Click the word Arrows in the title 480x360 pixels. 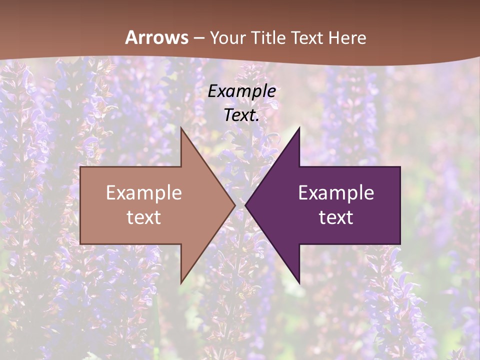pos(156,37)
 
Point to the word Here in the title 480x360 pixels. pos(349,38)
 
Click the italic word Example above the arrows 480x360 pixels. pos(241,91)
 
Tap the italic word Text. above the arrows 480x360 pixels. pos(241,115)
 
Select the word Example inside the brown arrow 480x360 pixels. pos(144,193)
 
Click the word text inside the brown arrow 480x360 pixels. pos(144,217)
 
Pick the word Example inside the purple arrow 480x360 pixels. pos(336,193)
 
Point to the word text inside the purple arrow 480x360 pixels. pos(336,217)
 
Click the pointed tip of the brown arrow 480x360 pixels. pos(234,205)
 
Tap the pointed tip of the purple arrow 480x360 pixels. pos(245,205)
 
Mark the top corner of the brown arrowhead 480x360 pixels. pos(181,128)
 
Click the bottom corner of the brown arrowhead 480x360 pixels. pos(181,283)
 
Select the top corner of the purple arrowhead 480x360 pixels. pos(299,128)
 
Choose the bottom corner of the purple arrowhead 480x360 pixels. pos(299,283)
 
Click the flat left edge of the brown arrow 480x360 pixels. pos(80,205)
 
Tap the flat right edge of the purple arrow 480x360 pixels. pos(400,205)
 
